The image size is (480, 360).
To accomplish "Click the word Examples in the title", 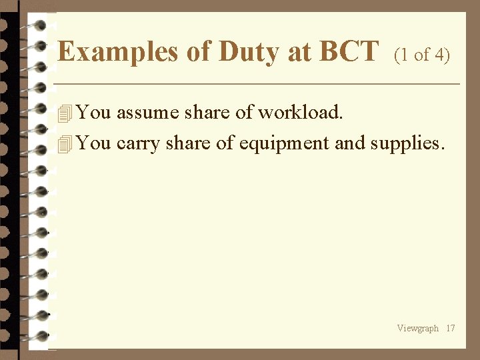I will (117, 51).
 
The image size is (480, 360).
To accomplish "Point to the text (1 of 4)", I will (422, 55).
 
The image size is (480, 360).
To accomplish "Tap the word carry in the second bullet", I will (138, 144).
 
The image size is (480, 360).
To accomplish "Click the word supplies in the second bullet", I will (407, 144).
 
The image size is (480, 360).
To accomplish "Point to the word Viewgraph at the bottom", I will (418, 328).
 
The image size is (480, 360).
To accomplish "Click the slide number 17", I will (451, 328).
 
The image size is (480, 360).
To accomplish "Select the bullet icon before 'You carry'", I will (65, 144).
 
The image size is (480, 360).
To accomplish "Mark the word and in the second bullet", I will (350, 143).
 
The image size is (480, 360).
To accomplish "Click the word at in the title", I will (299, 52).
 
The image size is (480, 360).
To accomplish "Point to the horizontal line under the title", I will (257, 84).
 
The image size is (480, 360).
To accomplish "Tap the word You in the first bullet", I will (93, 113).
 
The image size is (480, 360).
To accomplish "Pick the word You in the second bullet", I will (93, 143).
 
